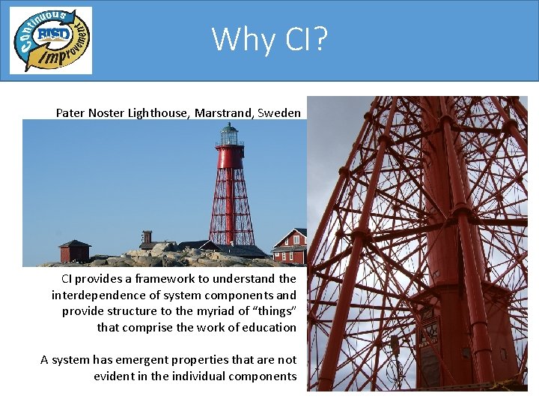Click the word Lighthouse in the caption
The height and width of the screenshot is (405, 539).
[159, 113]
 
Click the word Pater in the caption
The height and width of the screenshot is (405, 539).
[70, 113]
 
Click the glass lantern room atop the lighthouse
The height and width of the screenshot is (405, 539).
[229, 135]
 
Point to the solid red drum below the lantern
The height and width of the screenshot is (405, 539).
[230, 157]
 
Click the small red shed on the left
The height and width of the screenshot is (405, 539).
[74, 250]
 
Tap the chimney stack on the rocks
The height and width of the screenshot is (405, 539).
[147, 237]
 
